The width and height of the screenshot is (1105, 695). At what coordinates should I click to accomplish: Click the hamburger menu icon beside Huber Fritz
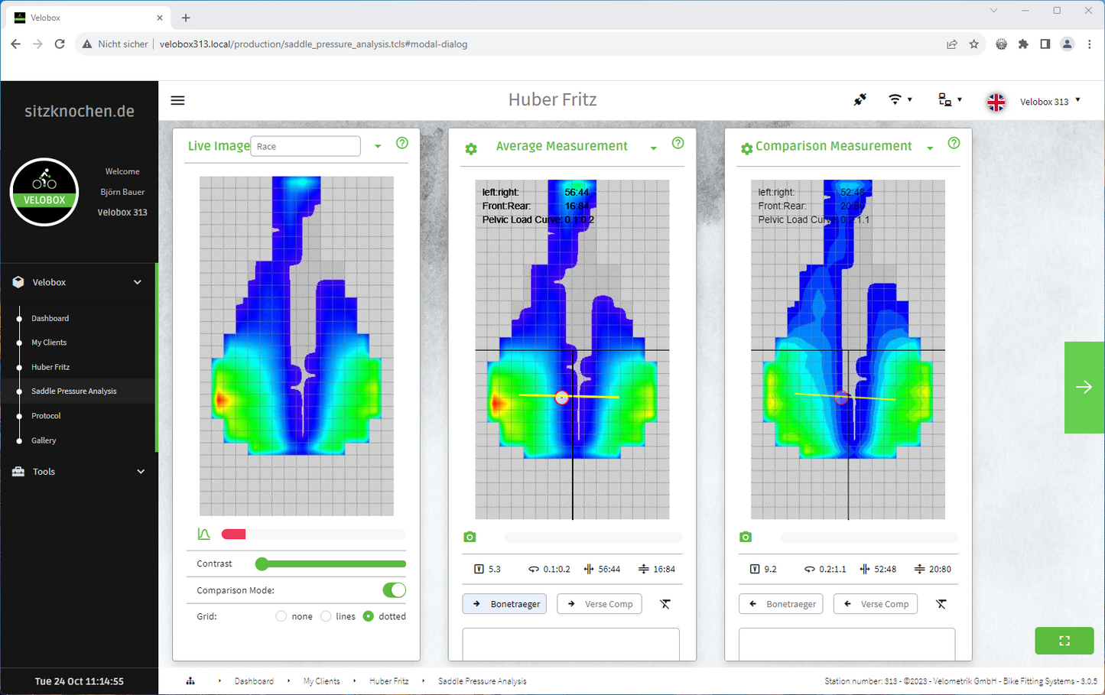pos(177,100)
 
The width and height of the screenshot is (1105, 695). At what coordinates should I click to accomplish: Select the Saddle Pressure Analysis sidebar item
pos(73,391)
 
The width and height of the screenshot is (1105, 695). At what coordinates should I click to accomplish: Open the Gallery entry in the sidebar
pos(44,440)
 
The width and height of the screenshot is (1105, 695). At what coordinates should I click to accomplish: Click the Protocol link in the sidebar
pos(46,416)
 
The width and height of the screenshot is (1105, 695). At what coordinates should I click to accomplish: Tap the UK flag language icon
pos(996,102)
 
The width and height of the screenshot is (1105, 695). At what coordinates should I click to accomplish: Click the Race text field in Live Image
pos(305,146)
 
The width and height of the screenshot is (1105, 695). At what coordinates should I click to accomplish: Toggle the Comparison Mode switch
pos(394,590)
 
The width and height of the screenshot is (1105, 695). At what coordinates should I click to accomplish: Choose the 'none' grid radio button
pos(281,616)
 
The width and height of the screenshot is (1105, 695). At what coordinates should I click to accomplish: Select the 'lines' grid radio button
pos(326,616)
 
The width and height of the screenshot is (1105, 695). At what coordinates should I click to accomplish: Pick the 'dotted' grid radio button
pos(369,616)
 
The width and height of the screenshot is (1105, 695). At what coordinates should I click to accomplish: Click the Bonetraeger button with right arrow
pos(505,604)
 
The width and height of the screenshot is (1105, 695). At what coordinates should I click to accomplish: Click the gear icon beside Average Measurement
pos(471,149)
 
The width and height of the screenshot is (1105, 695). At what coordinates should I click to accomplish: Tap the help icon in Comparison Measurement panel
pos(954,143)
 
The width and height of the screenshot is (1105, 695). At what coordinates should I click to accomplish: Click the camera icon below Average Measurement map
pos(470,537)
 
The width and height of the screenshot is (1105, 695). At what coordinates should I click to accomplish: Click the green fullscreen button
pos(1064,641)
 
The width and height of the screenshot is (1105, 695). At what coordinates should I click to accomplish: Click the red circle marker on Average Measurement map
pos(562,398)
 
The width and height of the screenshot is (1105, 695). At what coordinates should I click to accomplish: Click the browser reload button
pos(60,44)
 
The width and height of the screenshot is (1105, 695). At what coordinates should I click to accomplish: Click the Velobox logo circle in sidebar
pos(44,192)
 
